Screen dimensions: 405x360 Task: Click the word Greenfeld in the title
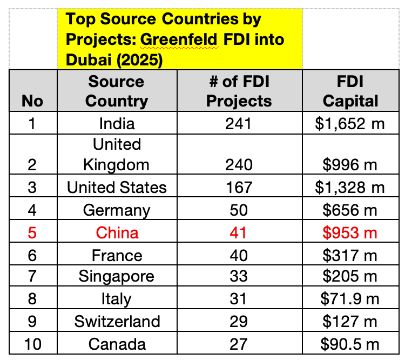point(179,40)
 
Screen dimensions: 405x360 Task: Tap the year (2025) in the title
point(139,60)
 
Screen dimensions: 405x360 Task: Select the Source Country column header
point(117,91)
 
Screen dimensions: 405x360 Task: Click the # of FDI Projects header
point(239,91)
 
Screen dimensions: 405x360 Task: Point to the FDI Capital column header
point(350,91)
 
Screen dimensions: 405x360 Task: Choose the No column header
point(32,101)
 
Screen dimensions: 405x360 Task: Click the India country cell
point(117,124)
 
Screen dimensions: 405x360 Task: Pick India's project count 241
point(238,124)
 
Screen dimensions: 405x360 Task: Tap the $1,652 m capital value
point(350,124)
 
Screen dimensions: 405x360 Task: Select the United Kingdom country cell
point(117,155)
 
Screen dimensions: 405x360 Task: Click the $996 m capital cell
point(350,165)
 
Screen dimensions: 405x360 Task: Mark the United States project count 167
point(239,187)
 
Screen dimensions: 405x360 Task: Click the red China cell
point(117,233)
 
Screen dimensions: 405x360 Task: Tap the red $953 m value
point(350,233)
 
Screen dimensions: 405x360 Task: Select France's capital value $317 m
point(350,256)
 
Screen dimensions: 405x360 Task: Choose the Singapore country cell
point(116,277)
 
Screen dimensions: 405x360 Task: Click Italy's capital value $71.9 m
point(350,299)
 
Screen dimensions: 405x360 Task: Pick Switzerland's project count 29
point(239,322)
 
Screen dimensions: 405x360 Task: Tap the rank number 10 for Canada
point(32,344)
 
